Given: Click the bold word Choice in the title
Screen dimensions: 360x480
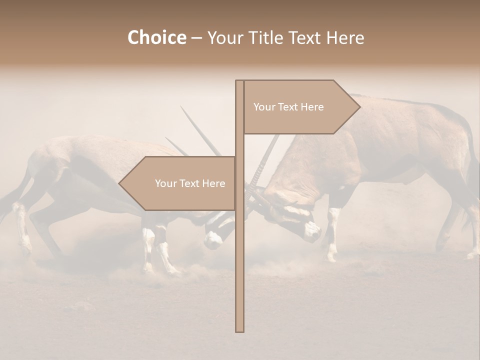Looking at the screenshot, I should tap(156, 38).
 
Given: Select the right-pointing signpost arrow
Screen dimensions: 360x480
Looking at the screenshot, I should tap(300, 107).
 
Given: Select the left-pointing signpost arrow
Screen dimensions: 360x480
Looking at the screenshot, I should tap(177, 183).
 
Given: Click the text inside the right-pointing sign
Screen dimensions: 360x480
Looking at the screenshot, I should tap(288, 107).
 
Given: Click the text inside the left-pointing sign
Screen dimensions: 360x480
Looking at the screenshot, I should tap(190, 183).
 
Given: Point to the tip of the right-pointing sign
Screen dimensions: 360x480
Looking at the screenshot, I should tap(359, 106).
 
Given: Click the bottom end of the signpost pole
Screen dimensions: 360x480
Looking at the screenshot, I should tap(239, 330).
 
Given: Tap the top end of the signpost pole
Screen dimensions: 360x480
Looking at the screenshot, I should tap(239, 81).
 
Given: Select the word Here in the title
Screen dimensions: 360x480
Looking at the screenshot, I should tap(345, 38).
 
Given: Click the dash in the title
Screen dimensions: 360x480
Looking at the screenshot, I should tap(196, 38).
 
